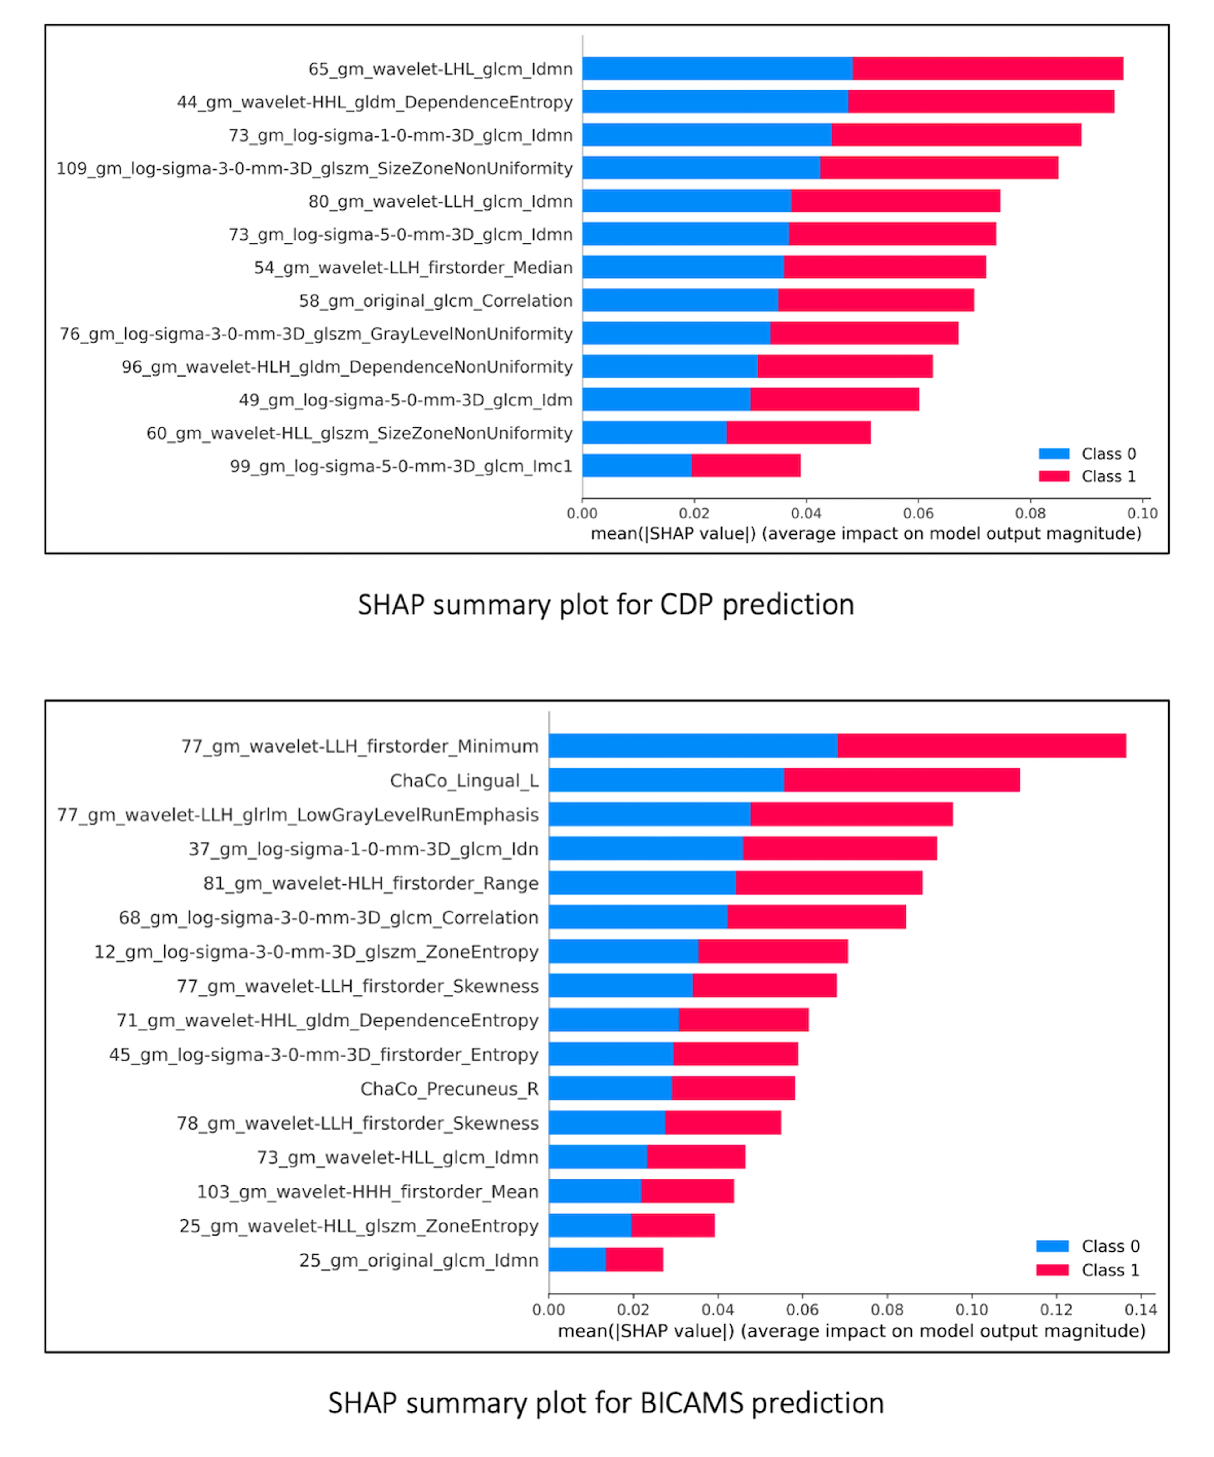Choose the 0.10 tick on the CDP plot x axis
coord(1142,514)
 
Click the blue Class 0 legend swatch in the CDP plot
coord(1054,454)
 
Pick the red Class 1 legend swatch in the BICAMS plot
coord(1052,1270)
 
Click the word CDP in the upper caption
coord(686,605)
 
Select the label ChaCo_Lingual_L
coord(464,781)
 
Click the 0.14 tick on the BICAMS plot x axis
coord(1141,1310)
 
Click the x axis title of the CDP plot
coord(866,534)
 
